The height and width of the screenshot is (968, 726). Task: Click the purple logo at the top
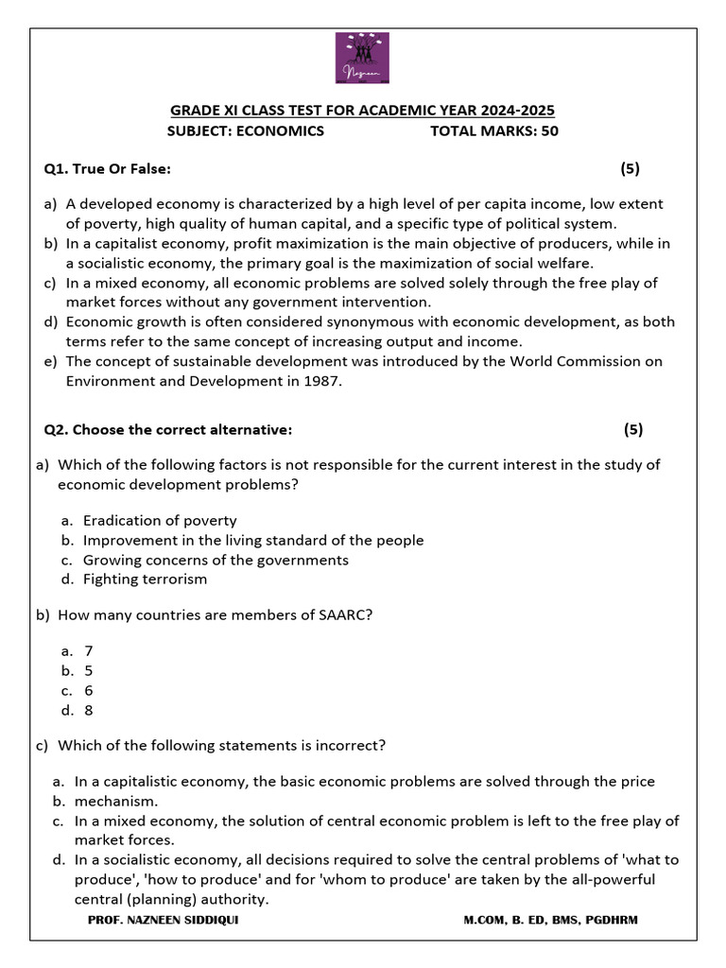point(362,60)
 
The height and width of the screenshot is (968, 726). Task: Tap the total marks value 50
point(549,131)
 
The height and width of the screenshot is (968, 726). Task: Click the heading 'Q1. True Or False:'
point(107,169)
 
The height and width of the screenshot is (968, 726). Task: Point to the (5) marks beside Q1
point(630,169)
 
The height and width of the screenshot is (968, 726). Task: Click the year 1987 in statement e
point(320,381)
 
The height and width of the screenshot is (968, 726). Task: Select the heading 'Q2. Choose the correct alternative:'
point(168,429)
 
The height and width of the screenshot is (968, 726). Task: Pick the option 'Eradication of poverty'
point(160,520)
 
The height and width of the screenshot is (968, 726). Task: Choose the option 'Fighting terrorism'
point(145,579)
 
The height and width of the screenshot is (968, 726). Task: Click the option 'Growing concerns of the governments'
point(216,560)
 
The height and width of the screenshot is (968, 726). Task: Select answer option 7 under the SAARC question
point(89,650)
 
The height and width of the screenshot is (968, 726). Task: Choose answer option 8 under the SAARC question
point(89,710)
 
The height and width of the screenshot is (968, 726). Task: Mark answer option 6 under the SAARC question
point(89,690)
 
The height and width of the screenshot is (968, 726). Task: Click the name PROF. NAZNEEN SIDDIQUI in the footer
point(163,920)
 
